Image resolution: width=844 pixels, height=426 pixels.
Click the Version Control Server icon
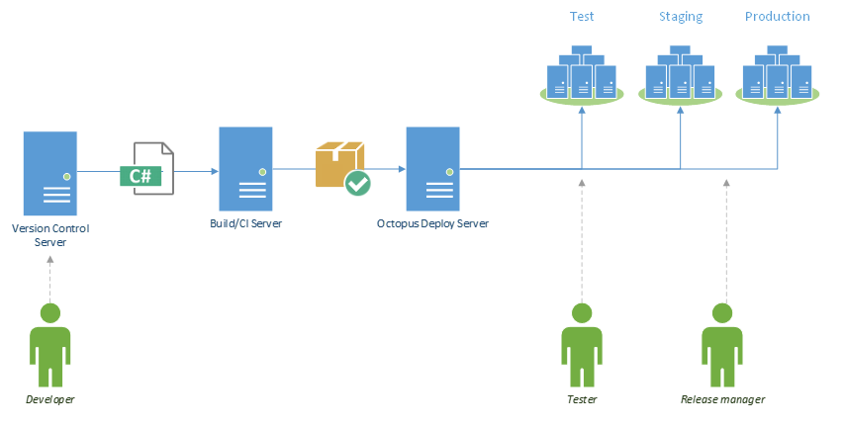coord(50,173)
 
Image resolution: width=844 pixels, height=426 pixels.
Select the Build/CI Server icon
coord(246,169)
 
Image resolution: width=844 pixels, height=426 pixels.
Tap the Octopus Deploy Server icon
coord(432,169)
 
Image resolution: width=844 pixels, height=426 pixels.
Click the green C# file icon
coord(145,170)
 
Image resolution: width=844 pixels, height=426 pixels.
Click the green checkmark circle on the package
coord(357,182)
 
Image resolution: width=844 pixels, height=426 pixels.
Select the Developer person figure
coord(49,345)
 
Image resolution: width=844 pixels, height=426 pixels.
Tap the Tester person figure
coord(582,345)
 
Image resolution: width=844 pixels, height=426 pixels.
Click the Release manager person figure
coord(723,345)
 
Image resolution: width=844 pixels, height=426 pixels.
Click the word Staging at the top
coord(681,17)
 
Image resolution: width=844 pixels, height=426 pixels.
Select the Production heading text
coord(777,17)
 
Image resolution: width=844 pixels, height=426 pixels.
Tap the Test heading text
coord(582,17)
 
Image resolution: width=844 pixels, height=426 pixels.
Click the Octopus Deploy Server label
coord(432,223)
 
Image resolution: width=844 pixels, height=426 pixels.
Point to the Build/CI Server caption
coord(246,223)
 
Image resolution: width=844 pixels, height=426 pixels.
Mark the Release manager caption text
coord(723,399)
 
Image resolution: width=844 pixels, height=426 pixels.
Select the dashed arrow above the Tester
coord(582,237)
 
